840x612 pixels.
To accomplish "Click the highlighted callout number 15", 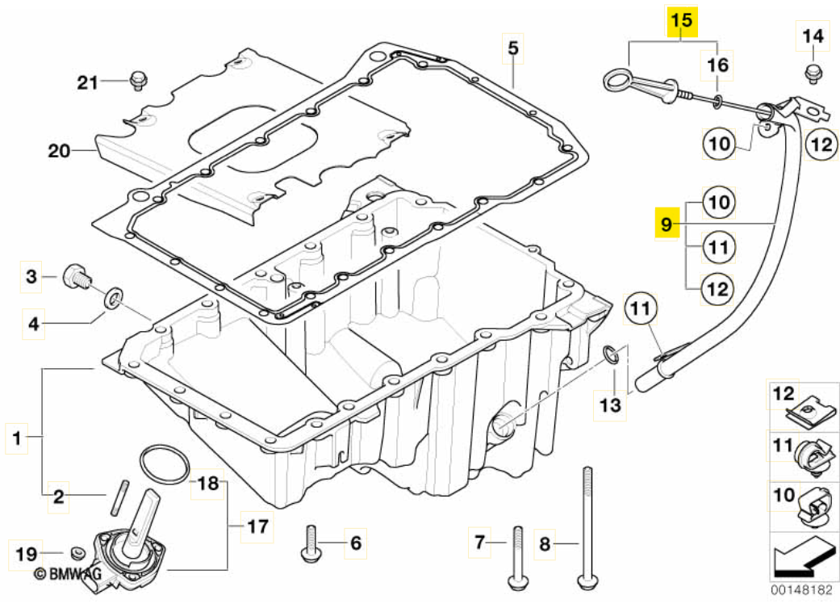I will [682, 21].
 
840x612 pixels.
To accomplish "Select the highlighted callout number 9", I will [665, 223].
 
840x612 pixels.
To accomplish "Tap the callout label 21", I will [87, 82].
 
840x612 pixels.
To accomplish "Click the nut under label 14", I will [813, 73].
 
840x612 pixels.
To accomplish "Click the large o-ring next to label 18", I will [165, 464].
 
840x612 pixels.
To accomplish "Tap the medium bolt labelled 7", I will [516, 557].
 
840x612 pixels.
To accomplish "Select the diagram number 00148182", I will [800, 590].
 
